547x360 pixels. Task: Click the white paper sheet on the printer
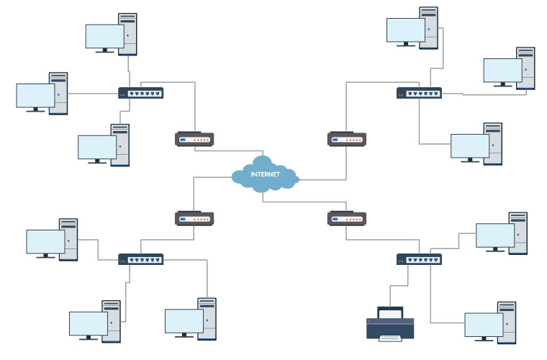391,338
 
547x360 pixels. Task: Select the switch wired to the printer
419,259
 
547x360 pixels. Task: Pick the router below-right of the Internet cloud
347,218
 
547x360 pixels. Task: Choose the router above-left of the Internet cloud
194,139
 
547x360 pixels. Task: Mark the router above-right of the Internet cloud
347,139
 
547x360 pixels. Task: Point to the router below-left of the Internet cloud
194,218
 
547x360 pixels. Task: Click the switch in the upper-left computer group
141,93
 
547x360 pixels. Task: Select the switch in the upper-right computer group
419,93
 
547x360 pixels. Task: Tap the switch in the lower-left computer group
141,259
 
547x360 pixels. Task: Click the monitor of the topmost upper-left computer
105,36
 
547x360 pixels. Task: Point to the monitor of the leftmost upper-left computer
35,95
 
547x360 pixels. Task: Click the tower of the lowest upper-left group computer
120,145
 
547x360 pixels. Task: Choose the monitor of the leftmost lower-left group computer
45,241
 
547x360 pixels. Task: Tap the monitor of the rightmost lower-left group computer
184,321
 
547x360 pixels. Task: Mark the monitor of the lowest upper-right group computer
470,145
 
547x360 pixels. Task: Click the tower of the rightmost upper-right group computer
526,68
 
